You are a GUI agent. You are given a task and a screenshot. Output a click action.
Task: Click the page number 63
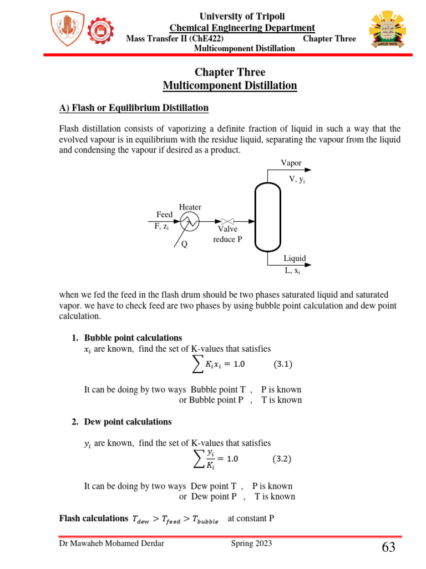(388, 548)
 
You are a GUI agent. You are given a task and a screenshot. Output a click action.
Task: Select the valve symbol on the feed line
(227, 221)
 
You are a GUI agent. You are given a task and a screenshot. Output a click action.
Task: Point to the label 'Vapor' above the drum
(291, 163)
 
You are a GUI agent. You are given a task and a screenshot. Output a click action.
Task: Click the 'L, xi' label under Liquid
(292, 271)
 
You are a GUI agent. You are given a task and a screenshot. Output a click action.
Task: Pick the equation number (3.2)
(283, 460)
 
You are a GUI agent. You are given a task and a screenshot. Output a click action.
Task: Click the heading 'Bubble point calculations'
(133, 338)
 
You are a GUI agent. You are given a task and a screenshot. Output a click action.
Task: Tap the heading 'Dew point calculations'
(128, 422)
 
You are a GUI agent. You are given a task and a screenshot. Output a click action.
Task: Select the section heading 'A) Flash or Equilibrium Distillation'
(134, 108)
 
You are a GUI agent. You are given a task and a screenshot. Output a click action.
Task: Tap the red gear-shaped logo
(100, 31)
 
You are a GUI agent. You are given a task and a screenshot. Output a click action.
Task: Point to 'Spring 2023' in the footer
(251, 543)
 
